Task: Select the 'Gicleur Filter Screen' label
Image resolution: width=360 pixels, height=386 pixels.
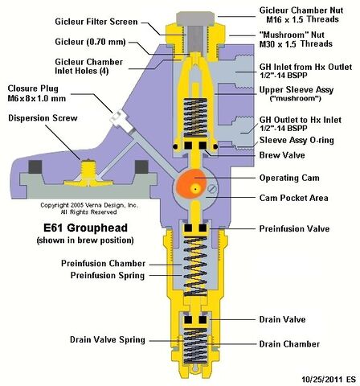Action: click(96, 22)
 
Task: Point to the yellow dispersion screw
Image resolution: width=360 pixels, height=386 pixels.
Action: click(88, 174)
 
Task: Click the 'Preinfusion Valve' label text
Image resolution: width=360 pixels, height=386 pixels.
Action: click(294, 228)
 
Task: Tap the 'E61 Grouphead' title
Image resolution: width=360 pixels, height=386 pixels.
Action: click(85, 228)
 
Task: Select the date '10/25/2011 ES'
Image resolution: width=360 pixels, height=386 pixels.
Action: click(329, 380)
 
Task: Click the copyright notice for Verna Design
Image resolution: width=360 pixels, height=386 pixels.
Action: click(89, 208)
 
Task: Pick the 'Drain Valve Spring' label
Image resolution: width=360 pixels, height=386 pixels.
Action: click(108, 339)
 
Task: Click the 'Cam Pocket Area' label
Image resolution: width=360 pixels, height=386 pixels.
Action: click(293, 198)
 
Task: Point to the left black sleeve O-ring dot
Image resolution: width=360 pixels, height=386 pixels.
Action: click(175, 146)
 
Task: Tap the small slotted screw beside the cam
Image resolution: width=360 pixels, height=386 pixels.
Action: click(212, 188)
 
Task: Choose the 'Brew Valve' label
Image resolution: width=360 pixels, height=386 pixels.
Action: click(282, 155)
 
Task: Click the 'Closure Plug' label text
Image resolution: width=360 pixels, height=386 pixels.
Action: click(33, 88)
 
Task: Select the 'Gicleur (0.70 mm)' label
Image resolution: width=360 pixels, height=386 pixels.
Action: click(90, 42)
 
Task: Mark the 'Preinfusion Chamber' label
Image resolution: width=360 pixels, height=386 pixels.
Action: click(103, 263)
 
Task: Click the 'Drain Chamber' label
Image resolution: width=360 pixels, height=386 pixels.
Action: click(289, 344)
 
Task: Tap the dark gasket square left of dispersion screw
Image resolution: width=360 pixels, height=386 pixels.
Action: click(35, 166)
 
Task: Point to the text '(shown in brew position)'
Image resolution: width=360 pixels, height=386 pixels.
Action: click(85, 240)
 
